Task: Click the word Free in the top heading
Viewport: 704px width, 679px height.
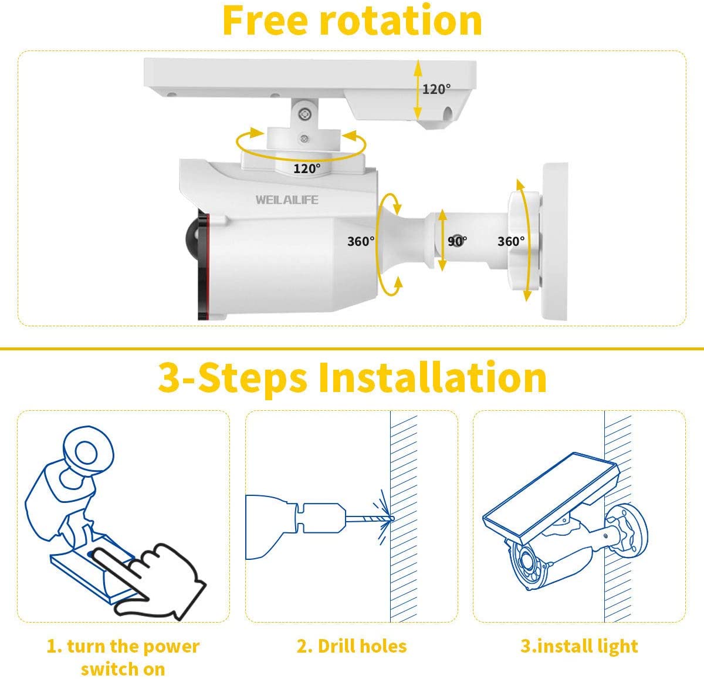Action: click(265, 21)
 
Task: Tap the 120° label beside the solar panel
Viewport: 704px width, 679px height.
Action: click(436, 89)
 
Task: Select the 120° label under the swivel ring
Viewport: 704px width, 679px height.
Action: click(307, 169)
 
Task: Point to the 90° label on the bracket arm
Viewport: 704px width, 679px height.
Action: click(457, 241)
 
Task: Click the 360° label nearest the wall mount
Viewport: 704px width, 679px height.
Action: click(511, 241)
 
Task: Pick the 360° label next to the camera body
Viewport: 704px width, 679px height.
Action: click(360, 241)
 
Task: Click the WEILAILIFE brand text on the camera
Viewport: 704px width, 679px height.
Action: click(287, 200)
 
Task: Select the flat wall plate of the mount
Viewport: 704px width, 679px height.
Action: click(556, 241)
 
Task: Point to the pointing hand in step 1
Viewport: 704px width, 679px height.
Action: click(158, 578)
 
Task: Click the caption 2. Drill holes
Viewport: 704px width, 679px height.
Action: click(351, 646)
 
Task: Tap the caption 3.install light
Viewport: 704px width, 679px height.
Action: click(579, 646)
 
